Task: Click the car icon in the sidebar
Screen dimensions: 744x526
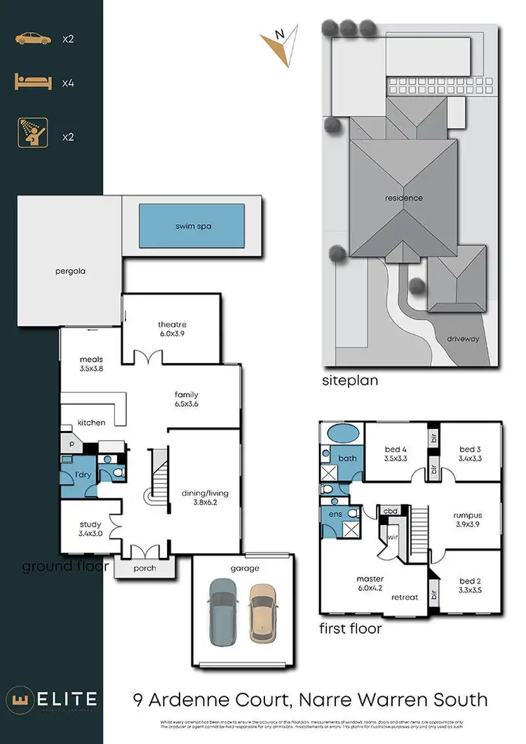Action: tap(33, 39)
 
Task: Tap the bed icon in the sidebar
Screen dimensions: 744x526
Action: tap(33, 83)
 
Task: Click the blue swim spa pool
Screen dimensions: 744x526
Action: tap(191, 226)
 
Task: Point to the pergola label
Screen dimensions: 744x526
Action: tap(71, 271)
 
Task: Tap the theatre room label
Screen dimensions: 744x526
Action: tap(171, 324)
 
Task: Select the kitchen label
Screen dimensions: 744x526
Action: tap(91, 423)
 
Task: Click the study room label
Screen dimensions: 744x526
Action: tap(90, 524)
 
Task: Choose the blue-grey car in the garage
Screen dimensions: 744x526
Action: tap(224, 612)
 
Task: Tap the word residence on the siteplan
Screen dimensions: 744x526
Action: tap(403, 198)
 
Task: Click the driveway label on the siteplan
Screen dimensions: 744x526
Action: tap(463, 338)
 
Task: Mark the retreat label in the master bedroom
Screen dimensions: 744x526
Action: tap(405, 597)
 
